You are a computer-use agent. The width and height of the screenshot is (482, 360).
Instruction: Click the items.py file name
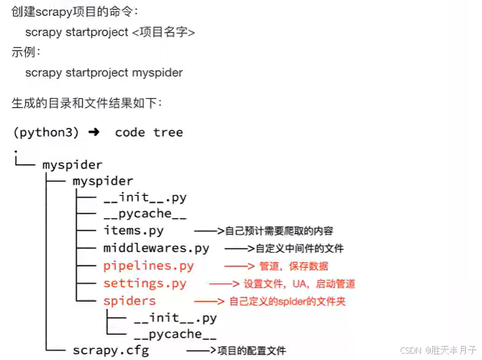[x=133, y=231]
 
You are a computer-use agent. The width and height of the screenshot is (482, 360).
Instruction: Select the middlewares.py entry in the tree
[x=156, y=248]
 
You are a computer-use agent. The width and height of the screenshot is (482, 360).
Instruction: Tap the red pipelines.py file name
[x=148, y=265]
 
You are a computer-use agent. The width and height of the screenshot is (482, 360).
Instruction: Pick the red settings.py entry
[x=145, y=284]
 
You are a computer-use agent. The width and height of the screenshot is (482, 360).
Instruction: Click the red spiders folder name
[x=129, y=300]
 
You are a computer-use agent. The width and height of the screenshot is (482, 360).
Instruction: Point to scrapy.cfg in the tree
[x=111, y=349]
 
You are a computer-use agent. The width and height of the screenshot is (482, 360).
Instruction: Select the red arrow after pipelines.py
[x=239, y=266]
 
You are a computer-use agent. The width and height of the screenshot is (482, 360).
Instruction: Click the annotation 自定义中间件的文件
[x=300, y=248]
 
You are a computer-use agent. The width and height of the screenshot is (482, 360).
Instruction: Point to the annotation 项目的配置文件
[x=251, y=350]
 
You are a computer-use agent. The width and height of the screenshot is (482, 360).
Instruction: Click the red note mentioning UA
[x=300, y=284]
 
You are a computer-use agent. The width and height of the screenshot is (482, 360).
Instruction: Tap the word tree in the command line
[x=168, y=132]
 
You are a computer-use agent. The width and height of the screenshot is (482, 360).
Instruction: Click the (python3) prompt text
[x=46, y=132]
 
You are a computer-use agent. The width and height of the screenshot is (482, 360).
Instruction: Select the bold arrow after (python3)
[x=94, y=132]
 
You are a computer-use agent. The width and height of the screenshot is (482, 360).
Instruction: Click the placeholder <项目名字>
[x=163, y=32]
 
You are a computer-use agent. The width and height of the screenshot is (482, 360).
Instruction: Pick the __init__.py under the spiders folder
[x=175, y=318]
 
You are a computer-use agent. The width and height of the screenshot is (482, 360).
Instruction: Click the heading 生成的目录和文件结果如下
[x=87, y=103]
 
